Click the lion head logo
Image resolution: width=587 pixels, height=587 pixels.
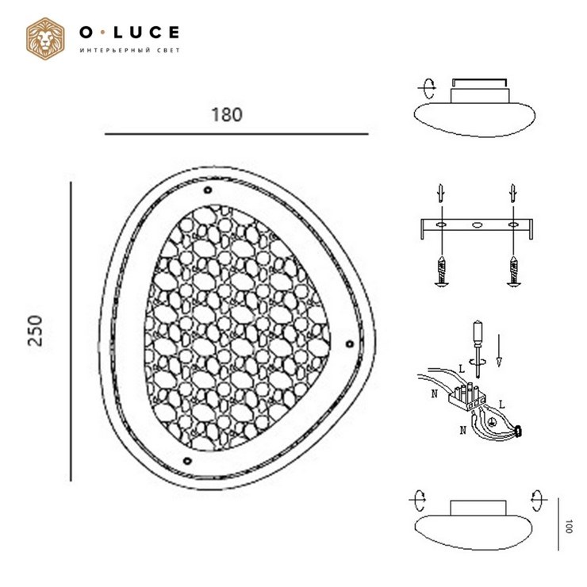(45, 39)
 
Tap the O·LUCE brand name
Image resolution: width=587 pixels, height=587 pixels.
(129, 33)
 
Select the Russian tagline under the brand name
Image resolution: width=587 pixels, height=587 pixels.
(130, 50)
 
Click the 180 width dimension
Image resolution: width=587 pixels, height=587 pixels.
(227, 115)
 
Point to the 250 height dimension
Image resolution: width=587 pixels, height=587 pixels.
(36, 331)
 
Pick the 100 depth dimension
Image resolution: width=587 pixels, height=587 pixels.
(569, 527)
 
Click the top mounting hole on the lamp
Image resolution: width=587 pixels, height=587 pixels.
(207, 190)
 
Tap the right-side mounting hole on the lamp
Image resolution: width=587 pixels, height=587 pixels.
(349, 344)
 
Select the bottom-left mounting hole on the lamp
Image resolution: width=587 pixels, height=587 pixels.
(187, 461)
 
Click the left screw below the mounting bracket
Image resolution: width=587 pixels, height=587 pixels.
(442, 271)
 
